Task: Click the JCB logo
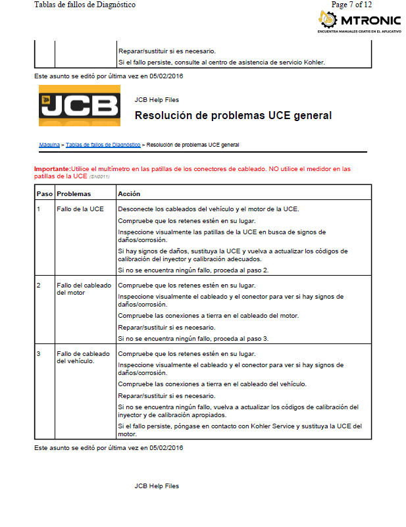[x=79, y=105]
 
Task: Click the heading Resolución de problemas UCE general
[x=233, y=116]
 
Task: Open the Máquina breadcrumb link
[x=49, y=144]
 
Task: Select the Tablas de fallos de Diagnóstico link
[x=103, y=144]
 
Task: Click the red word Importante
[x=52, y=169]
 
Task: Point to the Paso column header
[x=44, y=194]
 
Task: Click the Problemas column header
[x=74, y=194]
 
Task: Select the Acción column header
[x=129, y=194]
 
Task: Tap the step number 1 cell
[x=39, y=209]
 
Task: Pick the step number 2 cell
[x=39, y=286]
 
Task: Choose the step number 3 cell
[x=39, y=354]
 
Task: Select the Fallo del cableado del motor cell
[x=84, y=289]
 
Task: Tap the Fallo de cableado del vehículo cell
[x=84, y=357]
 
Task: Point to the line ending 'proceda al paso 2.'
[x=193, y=270]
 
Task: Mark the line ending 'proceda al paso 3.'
[x=193, y=338]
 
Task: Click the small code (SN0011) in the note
[x=99, y=176]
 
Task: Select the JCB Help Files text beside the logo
[x=157, y=100]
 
